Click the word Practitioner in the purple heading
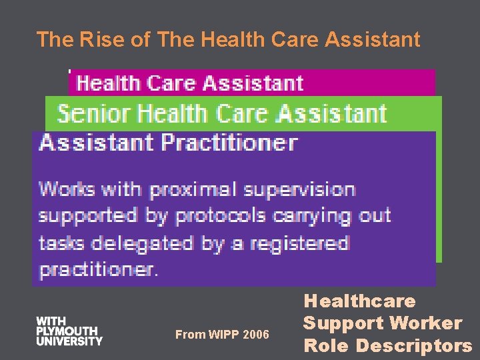tap(228, 143)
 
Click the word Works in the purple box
tap(67, 189)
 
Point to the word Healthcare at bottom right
tap(359, 301)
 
